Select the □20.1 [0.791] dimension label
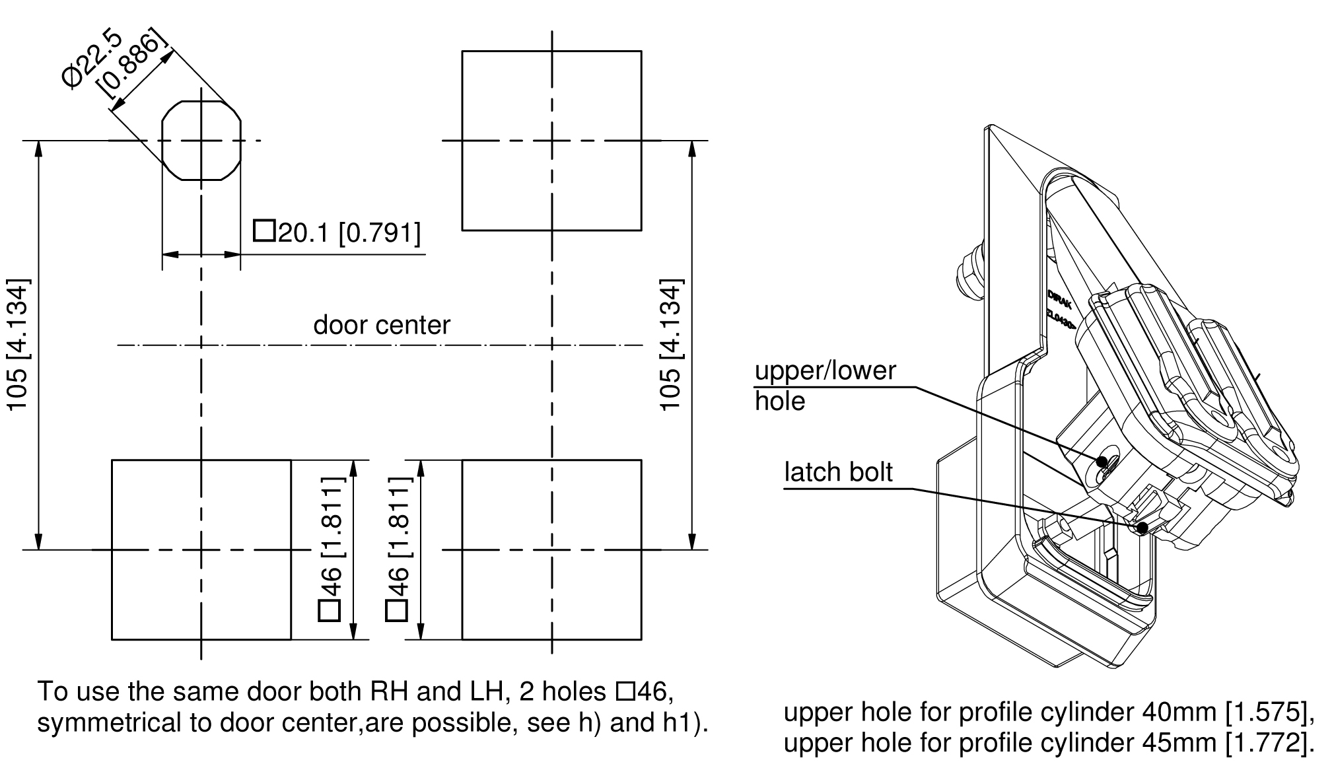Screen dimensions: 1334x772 tap(337, 232)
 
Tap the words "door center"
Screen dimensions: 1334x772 tap(382, 325)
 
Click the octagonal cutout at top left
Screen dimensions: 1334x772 tap(201, 140)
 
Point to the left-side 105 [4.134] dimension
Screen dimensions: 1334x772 tap(18, 344)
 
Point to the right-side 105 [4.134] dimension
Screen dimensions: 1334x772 tap(670, 344)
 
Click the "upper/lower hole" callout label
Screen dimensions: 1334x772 tap(825, 386)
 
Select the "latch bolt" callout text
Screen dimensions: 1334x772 tap(838, 472)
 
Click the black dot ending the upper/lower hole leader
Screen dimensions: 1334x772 tap(1102, 461)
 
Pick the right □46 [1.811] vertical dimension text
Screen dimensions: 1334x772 tap(398, 549)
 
